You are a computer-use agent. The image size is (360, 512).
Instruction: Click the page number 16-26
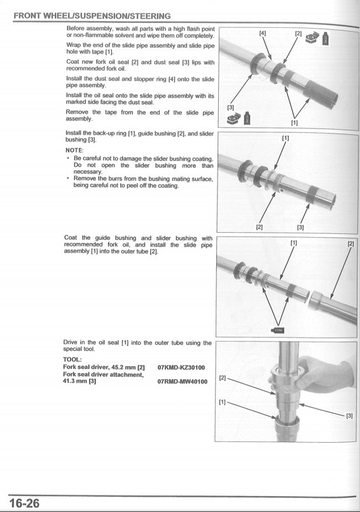click(24, 503)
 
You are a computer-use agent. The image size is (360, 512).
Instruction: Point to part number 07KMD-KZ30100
click(181, 368)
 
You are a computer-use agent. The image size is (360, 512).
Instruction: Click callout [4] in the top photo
click(263, 33)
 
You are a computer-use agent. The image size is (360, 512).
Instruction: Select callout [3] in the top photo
click(231, 107)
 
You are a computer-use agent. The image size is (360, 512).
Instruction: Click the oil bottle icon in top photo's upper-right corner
click(326, 38)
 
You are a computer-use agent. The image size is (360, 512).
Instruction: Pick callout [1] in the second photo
click(285, 137)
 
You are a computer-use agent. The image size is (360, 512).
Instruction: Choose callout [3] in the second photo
click(300, 226)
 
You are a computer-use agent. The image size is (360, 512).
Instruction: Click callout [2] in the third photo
click(350, 243)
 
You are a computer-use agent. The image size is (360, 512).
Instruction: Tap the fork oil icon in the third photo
click(278, 330)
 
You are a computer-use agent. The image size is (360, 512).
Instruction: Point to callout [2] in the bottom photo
click(223, 378)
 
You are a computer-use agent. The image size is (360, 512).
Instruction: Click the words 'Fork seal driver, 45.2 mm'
click(100, 368)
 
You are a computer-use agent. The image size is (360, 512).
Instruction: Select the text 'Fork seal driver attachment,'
click(103, 375)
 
